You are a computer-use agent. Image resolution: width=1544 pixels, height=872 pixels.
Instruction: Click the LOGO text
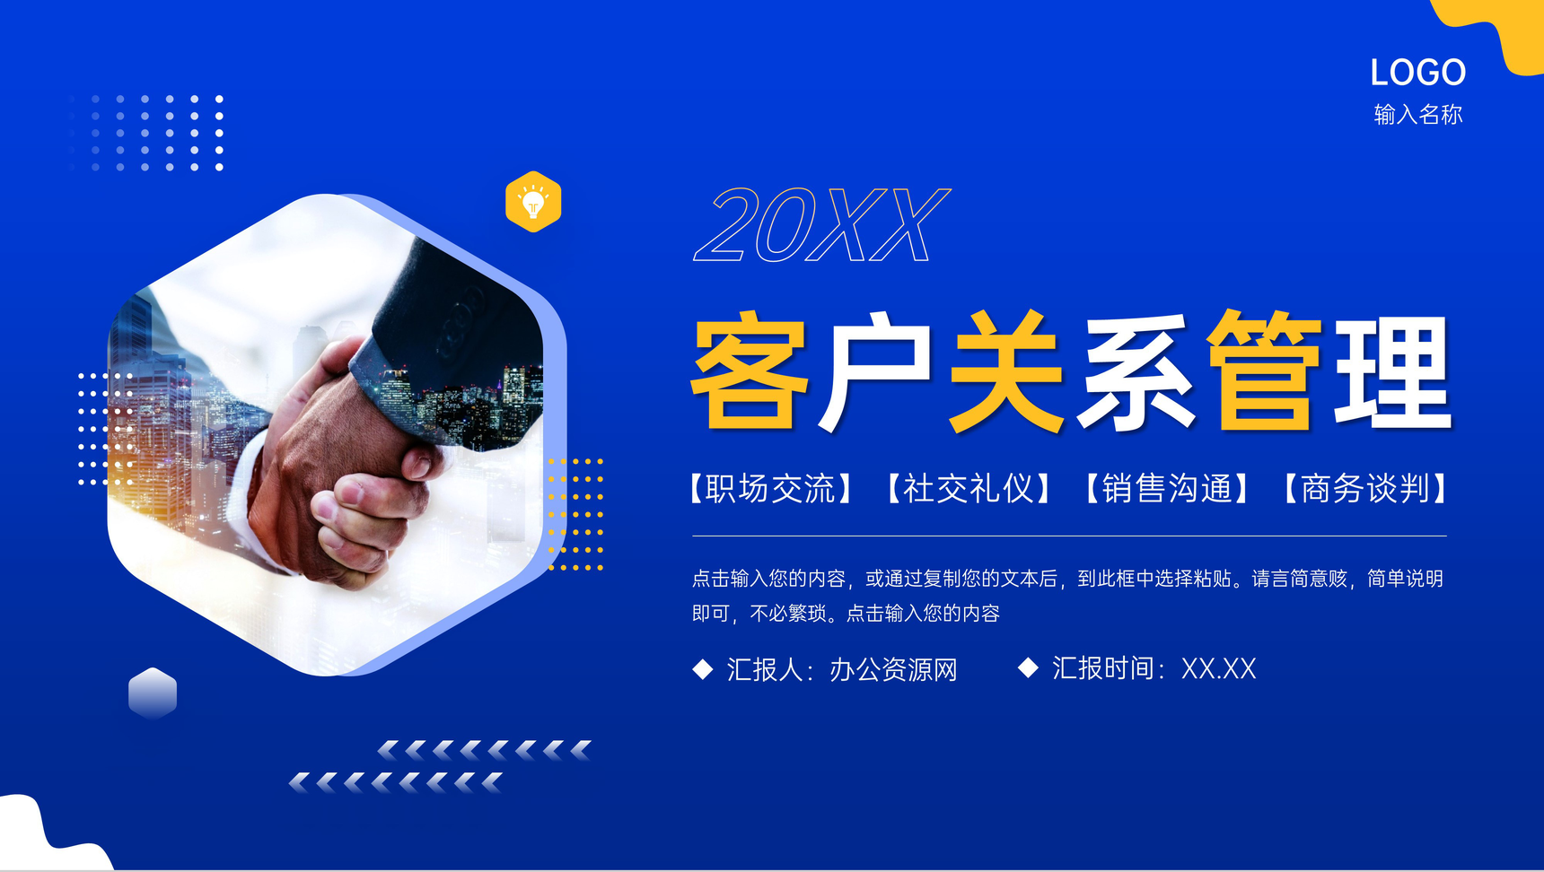[x=1417, y=73]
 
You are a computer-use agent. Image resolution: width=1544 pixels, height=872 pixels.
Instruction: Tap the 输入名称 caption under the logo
[x=1418, y=115]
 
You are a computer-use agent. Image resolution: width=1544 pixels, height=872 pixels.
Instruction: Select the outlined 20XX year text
[x=821, y=225]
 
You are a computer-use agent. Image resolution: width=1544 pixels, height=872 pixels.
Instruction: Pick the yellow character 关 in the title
[x=1007, y=371]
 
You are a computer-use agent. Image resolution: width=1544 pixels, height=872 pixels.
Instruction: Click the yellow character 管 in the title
[x=1265, y=369]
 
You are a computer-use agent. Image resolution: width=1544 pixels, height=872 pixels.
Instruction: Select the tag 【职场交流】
[x=771, y=489]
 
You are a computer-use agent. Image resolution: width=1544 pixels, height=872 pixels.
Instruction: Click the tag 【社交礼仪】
[x=969, y=489]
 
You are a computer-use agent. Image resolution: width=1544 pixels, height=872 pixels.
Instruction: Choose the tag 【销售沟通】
[x=1167, y=489]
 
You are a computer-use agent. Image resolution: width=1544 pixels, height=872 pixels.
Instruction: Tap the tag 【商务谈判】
[x=1365, y=489]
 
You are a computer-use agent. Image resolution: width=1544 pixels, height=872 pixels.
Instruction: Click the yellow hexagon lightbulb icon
[x=533, y=202]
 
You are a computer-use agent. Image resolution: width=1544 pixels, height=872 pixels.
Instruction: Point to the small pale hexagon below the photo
[x=153, y=693]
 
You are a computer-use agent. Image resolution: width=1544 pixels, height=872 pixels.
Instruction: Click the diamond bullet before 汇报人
[x=703, y=669]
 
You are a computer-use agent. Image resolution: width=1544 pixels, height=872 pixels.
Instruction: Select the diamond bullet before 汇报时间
[x=1028, y=667]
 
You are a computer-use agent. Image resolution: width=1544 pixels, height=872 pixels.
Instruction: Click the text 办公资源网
[x=893, y=669]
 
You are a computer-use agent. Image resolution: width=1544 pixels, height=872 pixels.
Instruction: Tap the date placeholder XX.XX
[x=1218, y=668]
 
